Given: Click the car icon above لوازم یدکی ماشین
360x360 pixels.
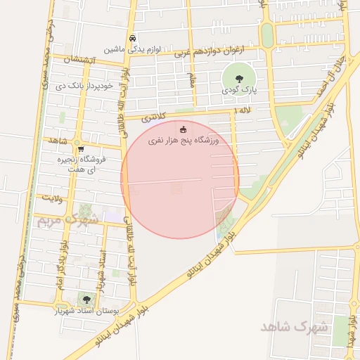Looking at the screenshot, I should [x=133, y=39].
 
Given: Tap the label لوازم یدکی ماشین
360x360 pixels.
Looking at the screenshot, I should [x=133, y=50].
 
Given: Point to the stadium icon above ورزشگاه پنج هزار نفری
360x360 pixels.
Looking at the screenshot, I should [x=184, y=129].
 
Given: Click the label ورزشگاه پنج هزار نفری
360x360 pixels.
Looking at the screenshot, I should [x=184, y=141].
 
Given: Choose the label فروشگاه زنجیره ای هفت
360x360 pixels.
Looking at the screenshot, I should [x=81, y=165].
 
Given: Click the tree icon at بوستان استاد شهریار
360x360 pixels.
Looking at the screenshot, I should [x=87, y=300].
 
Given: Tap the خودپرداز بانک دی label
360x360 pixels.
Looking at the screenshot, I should [x=84, y=86].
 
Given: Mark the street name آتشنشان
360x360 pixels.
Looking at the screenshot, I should [x=78, y=60].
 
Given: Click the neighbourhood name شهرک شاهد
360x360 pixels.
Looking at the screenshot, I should [x=295, y=327].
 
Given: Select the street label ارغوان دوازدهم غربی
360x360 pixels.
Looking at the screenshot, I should [x=217, y=51].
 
